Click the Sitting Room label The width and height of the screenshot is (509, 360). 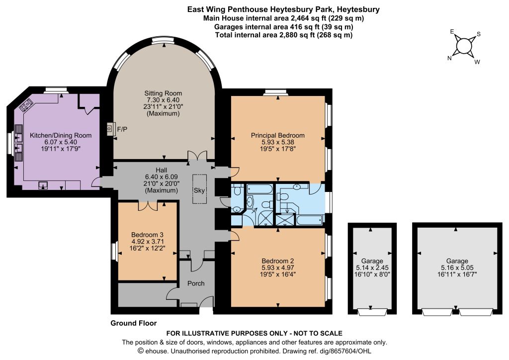point(163,93)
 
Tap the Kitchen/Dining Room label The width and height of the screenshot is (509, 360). point(61,135)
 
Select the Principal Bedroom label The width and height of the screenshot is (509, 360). point(277,135)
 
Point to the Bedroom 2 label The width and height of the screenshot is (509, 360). point(277,261)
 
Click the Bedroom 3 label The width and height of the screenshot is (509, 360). point(147,234)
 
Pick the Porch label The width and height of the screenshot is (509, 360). point(196,283)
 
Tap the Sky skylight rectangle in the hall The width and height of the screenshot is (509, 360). point(199,189)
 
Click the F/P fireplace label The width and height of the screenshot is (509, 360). point(122,129)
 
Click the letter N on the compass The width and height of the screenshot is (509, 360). point(449,58)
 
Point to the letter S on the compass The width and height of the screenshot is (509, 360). point(479,34)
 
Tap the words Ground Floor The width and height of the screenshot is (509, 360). point(133,323)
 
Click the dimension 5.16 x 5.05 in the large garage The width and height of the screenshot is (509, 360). point(457,268)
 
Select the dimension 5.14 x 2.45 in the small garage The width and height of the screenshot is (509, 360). point(372,268)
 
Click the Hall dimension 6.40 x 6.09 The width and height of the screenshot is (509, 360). point(162,177)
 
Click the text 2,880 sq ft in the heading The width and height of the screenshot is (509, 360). point(297,35)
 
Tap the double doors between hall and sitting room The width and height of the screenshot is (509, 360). point(197,156)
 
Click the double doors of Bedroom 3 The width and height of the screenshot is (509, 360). point(148,205)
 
